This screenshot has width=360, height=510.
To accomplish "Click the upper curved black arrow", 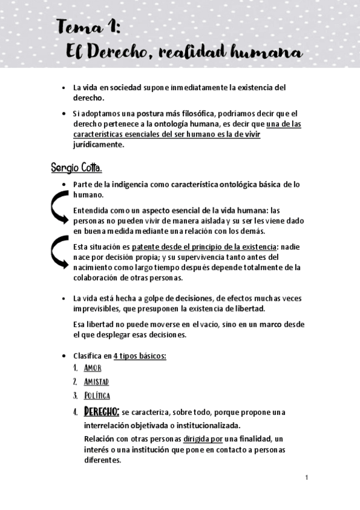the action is click(59, 210).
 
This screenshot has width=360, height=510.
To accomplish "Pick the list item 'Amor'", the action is click(93, 368).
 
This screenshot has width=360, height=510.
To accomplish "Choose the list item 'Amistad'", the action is click(96, 382).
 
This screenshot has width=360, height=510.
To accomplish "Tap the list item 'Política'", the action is click(97, 396).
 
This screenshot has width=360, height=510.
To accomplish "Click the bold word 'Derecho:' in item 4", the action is click(102, 412).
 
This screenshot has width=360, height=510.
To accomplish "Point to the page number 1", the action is click(307, 478).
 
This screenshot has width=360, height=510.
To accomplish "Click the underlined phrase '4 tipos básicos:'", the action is click(139, 355).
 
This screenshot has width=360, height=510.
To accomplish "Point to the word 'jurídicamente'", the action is click(99, 144).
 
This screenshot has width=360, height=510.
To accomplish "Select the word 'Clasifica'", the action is click(88, 355).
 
